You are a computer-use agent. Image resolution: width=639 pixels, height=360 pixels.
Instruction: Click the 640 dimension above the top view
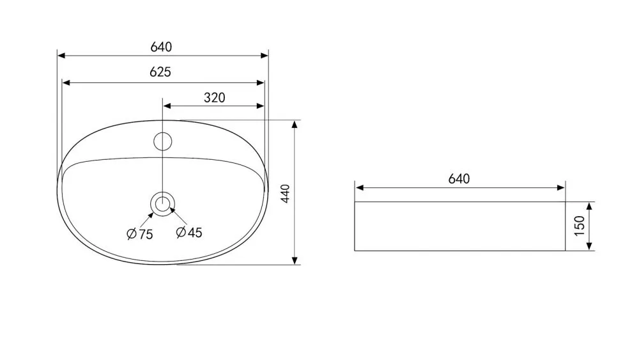[x=161, y=47]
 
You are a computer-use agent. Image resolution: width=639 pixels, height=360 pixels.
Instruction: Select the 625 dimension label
[x=160, y=72]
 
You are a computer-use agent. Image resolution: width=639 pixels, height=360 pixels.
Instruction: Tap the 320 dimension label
[x=214, y=98]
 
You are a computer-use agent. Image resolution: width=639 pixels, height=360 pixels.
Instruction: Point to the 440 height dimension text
[x=285, y=193]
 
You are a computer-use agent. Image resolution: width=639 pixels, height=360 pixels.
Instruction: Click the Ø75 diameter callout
[x=140, y=234]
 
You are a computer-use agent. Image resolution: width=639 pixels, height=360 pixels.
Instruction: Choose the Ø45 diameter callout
[x=189, y=232]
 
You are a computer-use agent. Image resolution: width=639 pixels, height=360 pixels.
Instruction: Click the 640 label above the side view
[x=459, y=179]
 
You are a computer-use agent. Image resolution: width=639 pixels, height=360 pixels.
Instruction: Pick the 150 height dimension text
[x=579, y=226]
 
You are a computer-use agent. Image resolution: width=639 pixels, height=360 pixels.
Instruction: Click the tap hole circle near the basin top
[x=162, y=141]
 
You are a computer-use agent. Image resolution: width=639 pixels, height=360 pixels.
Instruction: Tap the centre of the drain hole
[x=162, y=204]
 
